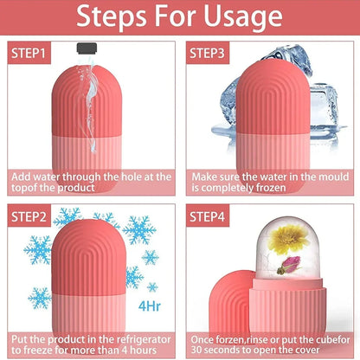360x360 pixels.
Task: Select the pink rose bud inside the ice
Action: coord(287,266)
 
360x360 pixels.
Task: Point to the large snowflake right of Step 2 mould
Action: coord(138,230)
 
